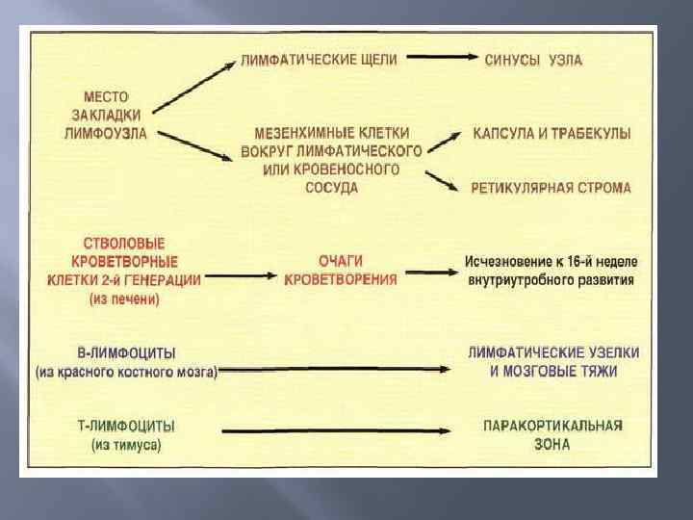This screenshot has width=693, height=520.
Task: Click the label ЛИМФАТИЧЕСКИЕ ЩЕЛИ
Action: pyautogui.click(x=319, y=60)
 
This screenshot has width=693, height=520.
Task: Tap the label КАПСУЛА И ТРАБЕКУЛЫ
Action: pyautogui.click(x=552, y=134)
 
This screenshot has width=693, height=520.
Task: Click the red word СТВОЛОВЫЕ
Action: pyautogui.click(x=124, y=244)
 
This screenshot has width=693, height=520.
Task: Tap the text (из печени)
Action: pyautogui.click(x=125, y=299)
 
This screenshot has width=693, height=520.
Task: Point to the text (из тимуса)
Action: pyautogui.click(x=126, y=445)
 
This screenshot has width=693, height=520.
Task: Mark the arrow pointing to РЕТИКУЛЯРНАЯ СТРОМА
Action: pyautogui.click(x=443, y=180)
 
